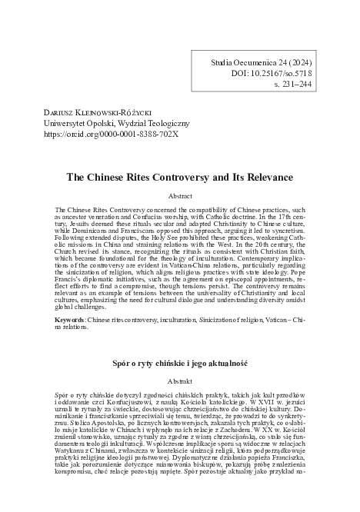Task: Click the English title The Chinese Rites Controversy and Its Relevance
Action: tap(179, 175)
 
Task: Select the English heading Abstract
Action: tap(179, 196)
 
